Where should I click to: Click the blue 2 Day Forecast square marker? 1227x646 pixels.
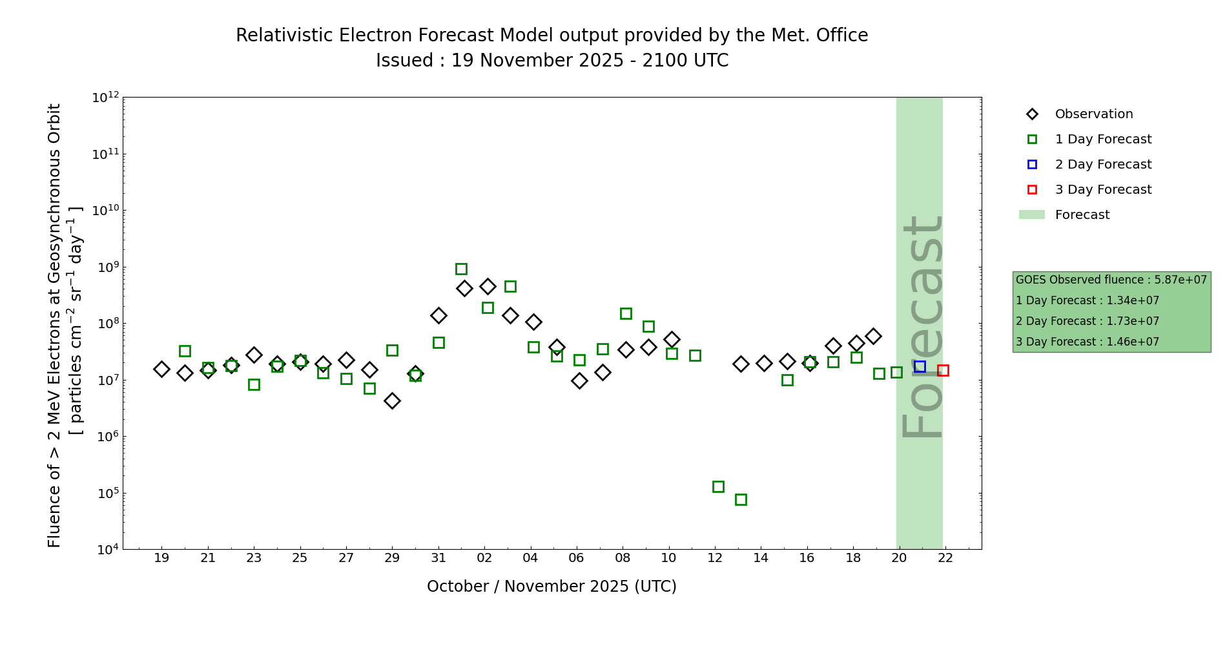[920, 366]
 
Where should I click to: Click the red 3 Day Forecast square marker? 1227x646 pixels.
[943, 370]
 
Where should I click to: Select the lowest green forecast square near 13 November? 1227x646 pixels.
[741, 499]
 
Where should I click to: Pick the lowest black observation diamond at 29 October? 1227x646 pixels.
[392, 401]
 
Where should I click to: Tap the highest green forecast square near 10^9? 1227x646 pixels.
[461, 269]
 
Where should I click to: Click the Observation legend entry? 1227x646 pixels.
[1093, 114]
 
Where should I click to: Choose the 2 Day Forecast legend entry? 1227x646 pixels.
[1102, 165]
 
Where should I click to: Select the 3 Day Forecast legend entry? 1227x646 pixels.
[1102, 190]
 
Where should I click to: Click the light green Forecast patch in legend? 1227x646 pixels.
[1032, 214]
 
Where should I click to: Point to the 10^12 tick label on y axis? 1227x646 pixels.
[105, 98]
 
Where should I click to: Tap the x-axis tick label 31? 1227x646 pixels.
[438, 557]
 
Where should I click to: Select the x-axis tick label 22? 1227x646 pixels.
[945, 557]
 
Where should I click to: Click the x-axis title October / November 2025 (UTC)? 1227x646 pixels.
[552, 586]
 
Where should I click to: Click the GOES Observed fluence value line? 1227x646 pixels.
[1111, 280]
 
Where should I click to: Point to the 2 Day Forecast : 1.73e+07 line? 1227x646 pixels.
[1087, 321]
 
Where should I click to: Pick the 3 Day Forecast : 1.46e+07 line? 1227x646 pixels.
[1087, 342]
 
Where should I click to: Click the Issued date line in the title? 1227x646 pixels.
[552, 61]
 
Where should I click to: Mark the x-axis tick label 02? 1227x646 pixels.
[484, 557]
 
